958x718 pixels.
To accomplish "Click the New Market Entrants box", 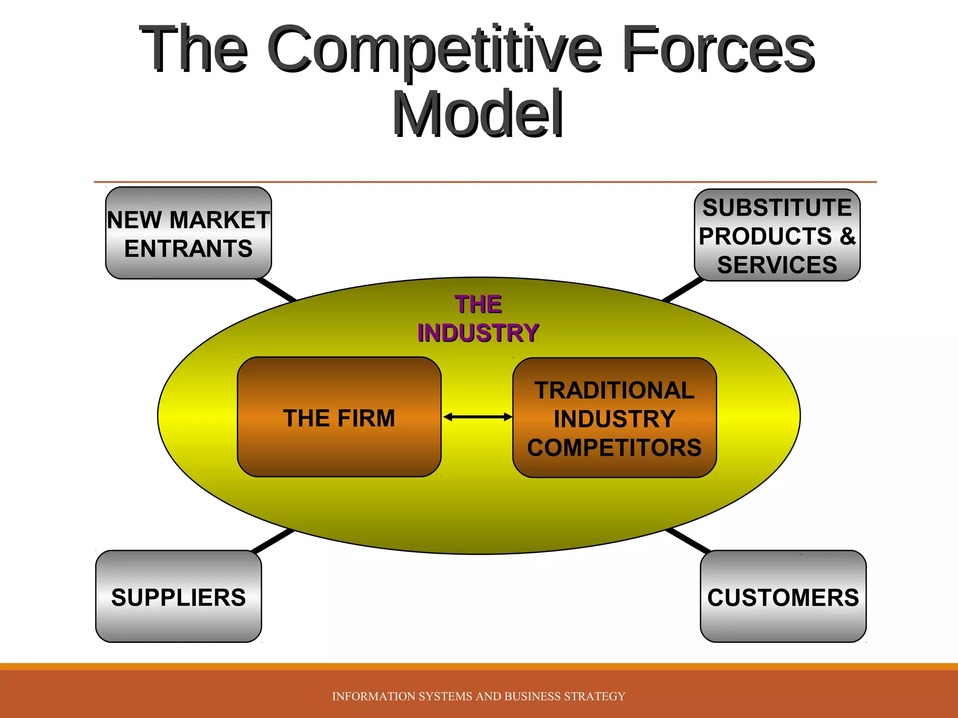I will click(x=189, y=233).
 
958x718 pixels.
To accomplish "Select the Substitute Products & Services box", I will click(x=777, y=235).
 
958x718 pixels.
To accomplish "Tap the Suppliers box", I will click(x=178, y=596).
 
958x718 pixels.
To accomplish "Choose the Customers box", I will click(x=783, y=596).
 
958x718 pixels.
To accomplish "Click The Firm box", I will click(x=339, y=417).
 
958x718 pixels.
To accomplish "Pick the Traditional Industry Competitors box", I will click(x=614, y=417).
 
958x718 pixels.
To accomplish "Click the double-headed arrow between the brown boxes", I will click(x=478, y=417).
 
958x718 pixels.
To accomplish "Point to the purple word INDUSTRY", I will click(x=478, y=333).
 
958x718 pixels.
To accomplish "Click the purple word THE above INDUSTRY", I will click(x=478, y=304).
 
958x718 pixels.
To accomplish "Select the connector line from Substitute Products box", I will click(x=682, y=290).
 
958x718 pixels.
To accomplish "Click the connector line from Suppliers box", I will click(x=273, y=541).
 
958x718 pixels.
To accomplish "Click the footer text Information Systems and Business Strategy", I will click(x=479, y=696).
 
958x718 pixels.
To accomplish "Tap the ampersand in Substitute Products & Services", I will click(x=847, y=236).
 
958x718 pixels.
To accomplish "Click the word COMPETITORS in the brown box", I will click(x=614, y=447).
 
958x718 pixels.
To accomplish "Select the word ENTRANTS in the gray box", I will click(x=189, y=248).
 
